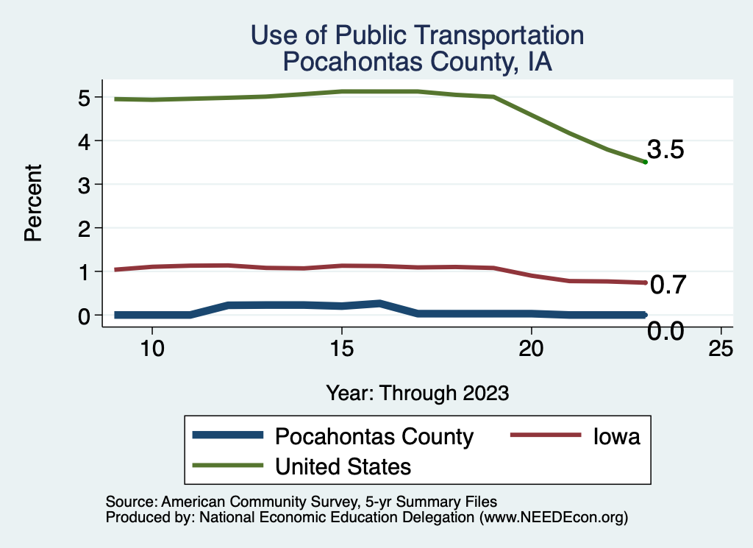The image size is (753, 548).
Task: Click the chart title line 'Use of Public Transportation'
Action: (x=417, y=35)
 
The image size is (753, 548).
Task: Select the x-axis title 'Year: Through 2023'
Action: (x=417, y=393)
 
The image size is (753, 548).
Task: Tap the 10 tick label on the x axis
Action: (x=151, y=349)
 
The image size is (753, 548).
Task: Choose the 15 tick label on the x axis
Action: (x=341, y=349)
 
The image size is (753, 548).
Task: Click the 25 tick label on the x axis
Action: (x=721, y=349)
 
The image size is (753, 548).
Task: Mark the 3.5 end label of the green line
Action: (x=666, y=150)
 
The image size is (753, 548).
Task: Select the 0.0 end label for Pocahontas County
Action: (x=666, y=332)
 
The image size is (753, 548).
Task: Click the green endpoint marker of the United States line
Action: (x=645, y=162)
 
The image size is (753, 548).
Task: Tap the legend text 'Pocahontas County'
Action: (x=374, y=436)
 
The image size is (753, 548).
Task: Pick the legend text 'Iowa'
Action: (x=616, y=436)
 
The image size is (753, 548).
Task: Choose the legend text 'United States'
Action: (x=343, y=466)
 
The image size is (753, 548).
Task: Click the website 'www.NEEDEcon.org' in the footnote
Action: (x=553, y=517)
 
